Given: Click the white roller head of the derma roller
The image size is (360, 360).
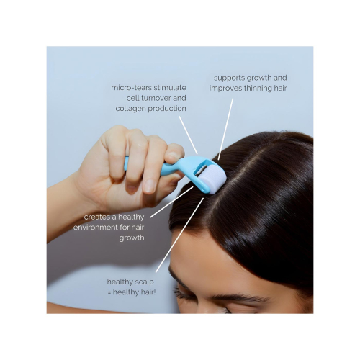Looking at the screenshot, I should tap(215, 176).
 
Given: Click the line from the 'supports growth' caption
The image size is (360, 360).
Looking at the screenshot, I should tap(225, 130).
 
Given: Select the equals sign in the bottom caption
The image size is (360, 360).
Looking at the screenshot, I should tap(109, 292).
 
